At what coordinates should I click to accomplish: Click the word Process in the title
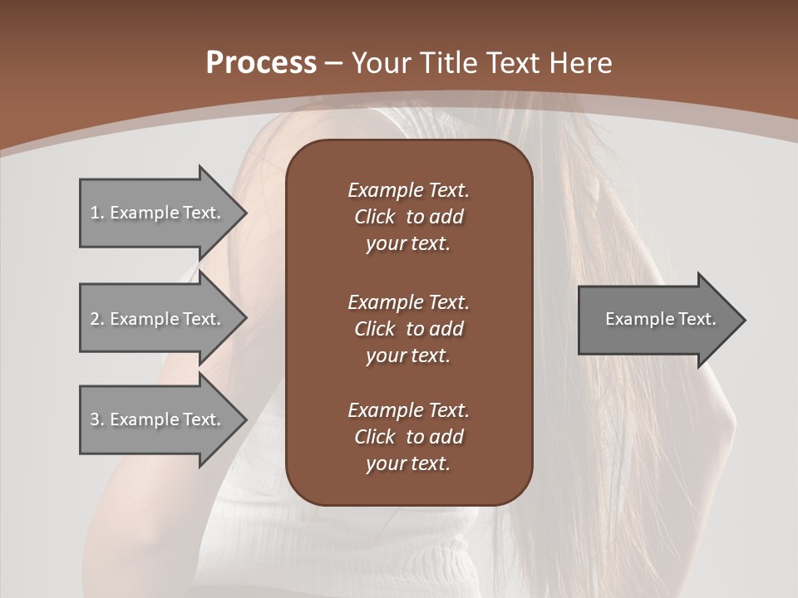(x=261, y=63)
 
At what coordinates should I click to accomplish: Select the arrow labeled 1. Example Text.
(x=158, y=213)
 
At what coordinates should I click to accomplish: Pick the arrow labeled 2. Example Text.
(x=158, y=319)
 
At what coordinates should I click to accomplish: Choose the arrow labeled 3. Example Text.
(x=158, y=419)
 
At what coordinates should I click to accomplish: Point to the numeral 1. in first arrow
(x=96, y=213)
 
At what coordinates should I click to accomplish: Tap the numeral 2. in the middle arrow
(x=96, y=319)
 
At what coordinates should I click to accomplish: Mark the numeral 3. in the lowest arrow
(x=96, y=419)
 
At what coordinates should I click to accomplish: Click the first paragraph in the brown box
(x=408, y=217)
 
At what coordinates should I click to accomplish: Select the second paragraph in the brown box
(x=408, y=328)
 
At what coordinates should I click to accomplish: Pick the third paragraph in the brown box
(x=408, y=436)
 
